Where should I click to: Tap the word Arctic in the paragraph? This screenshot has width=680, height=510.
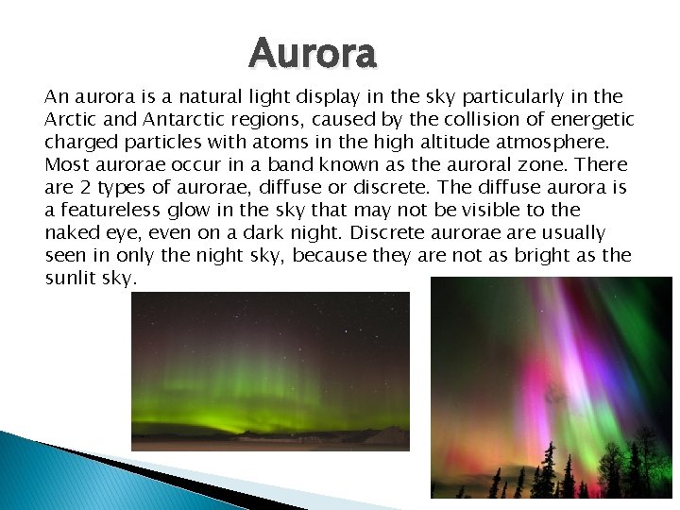pyautogui.click(x=69, y=119)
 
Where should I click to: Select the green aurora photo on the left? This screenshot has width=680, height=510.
pyautogui.click(x=270, y=370)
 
